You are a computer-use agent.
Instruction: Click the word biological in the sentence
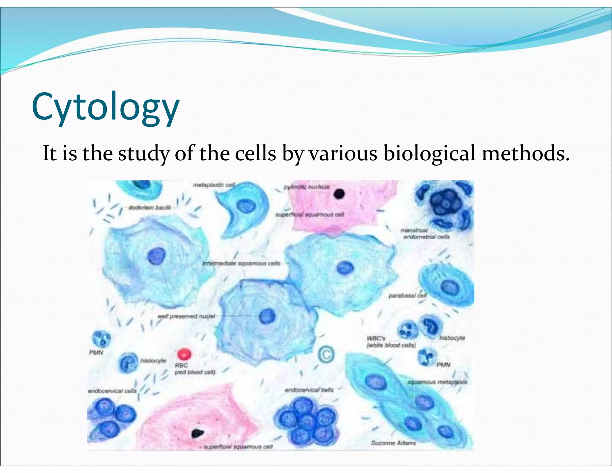pos(429,153)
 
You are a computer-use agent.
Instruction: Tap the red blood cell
pos(184,354)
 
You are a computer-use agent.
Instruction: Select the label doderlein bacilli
pos(149,207)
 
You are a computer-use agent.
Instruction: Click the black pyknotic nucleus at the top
pos(339,194)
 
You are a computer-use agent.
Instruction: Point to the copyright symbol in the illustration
pos(326,355)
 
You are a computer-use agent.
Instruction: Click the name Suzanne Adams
pos(393,443)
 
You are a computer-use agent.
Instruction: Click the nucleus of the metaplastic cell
pos(246,206)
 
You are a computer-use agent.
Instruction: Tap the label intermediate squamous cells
pos(241,263)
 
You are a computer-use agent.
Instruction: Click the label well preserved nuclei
pos(186,316)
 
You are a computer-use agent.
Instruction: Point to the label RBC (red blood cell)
pos(194,369)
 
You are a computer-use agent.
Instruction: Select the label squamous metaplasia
pos(437,382)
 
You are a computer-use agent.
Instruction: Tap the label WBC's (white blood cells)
pos(391,342)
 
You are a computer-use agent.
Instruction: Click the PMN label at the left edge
pos(96,353)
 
